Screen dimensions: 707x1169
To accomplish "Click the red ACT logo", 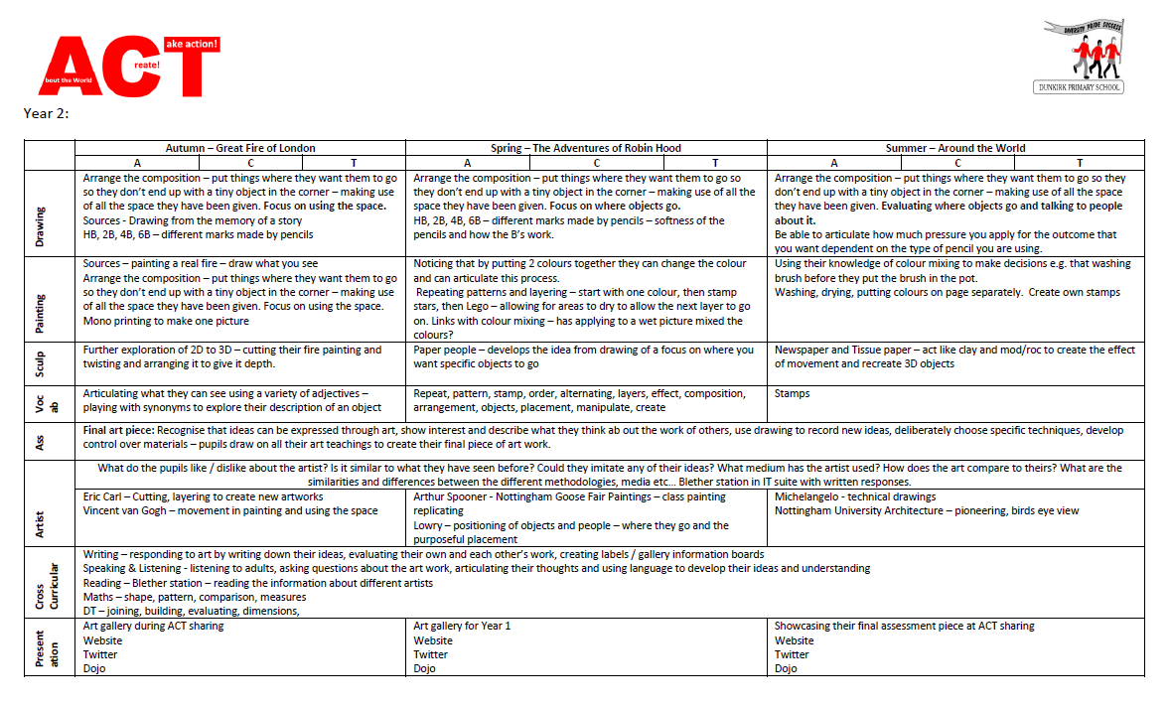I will click(129, 68).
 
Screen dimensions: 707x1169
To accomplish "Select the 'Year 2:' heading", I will click(46, 113).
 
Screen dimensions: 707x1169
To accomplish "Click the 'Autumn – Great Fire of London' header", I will click(240, 148).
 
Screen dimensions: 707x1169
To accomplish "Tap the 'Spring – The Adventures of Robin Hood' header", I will click(586, 148).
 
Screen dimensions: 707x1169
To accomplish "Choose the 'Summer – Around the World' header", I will click(955, 148).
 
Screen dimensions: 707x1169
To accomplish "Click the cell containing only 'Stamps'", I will click(792, 393).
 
